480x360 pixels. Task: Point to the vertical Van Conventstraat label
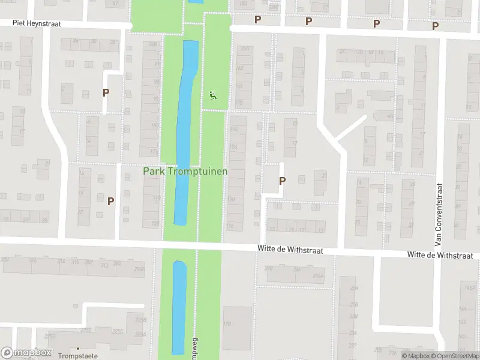439,215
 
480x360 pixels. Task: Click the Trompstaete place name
78,355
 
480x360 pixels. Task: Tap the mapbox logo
26,353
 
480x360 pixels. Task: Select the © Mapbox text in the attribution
415,356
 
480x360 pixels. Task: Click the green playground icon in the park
212,94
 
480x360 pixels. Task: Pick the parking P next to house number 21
282,180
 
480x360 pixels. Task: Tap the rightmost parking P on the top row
436,26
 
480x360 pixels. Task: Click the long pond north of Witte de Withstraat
185,132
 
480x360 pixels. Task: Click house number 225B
140,320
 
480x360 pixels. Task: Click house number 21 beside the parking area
324,175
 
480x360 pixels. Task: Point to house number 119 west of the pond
156,199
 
